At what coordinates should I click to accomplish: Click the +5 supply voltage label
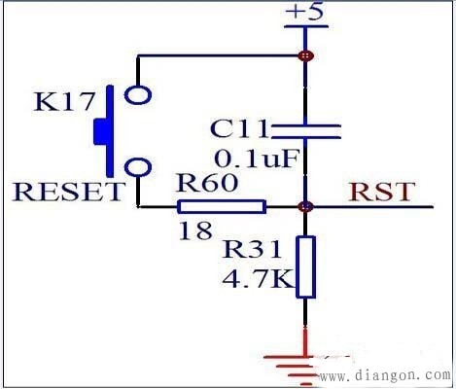point(304,12)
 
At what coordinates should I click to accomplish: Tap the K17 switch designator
point(64,101)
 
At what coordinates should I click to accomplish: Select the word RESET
point(68,192)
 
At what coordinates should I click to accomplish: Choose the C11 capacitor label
point(239,129)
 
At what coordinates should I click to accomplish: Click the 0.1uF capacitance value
point(256,159)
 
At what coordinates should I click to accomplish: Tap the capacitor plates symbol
point(305,131)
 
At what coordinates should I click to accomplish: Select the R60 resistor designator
point(208,183)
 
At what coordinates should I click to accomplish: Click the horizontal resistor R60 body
point(222,207)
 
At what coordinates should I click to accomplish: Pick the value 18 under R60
point(195,230)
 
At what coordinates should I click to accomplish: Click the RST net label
point(382,192)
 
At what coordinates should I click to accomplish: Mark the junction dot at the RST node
point(305,206)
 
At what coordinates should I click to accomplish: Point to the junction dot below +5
point(305,56)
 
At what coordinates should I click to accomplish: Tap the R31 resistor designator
point(252,250)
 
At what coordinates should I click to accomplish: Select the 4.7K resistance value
point(259,279)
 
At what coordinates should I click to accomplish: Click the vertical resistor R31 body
point(305,267)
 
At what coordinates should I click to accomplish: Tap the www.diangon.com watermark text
point(385,375)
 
